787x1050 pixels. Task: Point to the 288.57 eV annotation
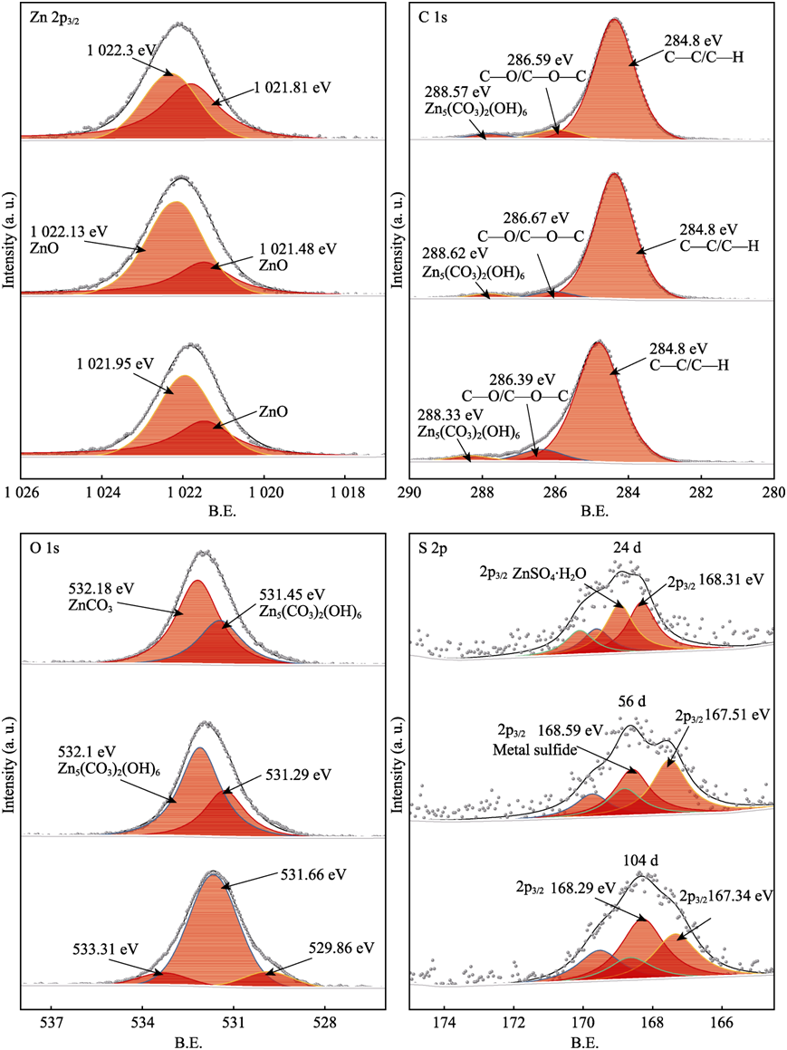point(454,92)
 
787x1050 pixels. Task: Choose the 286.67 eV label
point(536,217)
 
